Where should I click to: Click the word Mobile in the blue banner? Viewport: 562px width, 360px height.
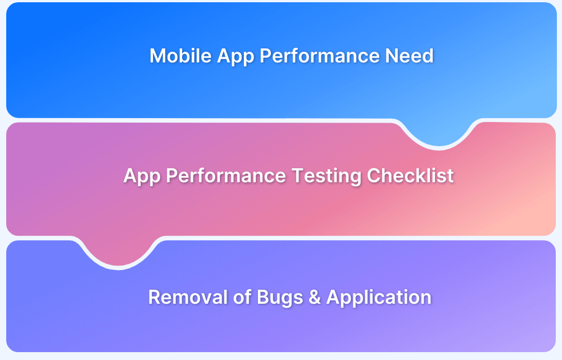point(180,56)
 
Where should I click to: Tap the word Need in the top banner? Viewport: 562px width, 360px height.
point(409,56)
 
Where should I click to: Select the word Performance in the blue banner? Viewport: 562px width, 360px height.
point(320,56)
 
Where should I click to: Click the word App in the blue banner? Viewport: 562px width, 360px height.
point(235,57)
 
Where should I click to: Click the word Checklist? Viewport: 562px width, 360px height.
point(410,175)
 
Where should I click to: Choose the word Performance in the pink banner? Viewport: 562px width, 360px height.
point(226,175)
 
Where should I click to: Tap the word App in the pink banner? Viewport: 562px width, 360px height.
point(142,177)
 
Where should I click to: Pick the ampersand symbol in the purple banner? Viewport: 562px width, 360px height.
point(314,297)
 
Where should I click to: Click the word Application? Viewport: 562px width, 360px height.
point(379,298)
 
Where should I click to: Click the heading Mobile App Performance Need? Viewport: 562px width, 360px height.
point(291,56)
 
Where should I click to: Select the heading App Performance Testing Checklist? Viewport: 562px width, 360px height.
point(288,176)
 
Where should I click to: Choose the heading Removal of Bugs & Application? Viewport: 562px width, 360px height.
point(290,298)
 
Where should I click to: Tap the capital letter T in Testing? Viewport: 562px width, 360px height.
point(298,175)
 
